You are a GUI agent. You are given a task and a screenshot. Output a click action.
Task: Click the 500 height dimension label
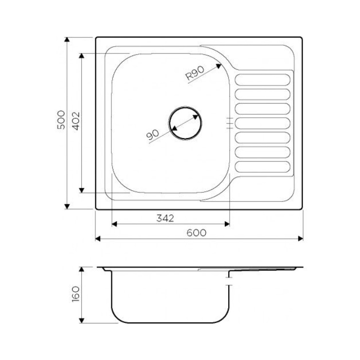(x=61, y=120)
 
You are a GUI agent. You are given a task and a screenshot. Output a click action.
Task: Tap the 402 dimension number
(x=76, y=121)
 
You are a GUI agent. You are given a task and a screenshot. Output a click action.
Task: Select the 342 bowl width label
(x=165, y=218)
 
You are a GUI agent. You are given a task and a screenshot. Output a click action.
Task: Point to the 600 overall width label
(x=197, y=233)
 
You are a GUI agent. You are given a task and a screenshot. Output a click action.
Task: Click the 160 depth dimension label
(x=75, y=294)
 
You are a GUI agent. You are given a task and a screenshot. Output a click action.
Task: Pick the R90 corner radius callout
(x=195, y=73)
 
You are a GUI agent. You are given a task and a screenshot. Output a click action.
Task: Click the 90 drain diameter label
(x=152, y=135)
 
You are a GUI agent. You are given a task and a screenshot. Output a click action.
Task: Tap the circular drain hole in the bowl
(x=185, y=123)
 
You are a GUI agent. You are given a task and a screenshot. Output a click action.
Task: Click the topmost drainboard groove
(x=262, y=80)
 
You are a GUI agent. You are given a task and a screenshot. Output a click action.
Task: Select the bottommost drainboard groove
(x=262, y=167)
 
